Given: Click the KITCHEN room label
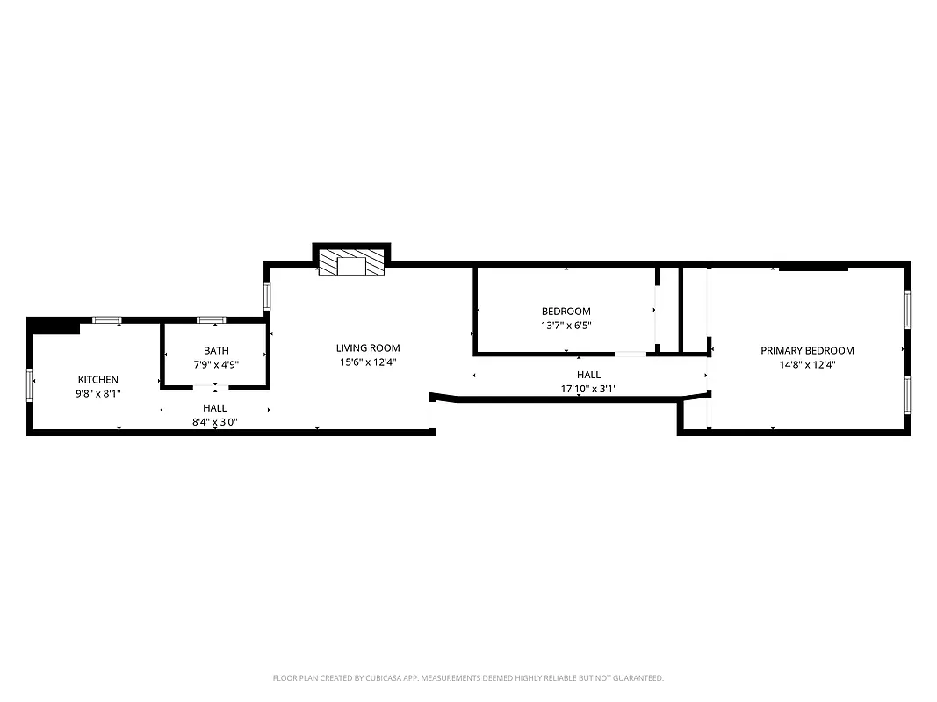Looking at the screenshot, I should pyautogui.click(x=97, y=379).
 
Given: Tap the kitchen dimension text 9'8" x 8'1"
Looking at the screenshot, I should pyautogui.click(x=97, y=394).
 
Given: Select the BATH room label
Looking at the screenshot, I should pyautogui.click(x=216, y=350).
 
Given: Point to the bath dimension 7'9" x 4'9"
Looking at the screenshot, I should pyautogui.click(x=216, y=364).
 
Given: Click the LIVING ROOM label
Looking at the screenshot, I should pyautogui.click(x=368, y=347).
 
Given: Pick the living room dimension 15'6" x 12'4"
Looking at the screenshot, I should pyautogui.click(x=368, y=362).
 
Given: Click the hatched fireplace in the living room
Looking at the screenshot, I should pyautogui.click(x=351, y=263).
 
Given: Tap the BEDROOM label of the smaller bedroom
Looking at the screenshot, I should pyautogui.click(x=566, y=311).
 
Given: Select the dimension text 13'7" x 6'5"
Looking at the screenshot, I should pyautogui.click(x=566, y=326).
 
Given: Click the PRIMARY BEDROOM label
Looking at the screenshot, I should pyautogui.click(x=807, y=350).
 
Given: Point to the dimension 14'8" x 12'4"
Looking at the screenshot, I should pyautogui.click(x=807, y=365).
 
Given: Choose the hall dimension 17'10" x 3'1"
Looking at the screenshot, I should pyautogui.click(x=589, y=389).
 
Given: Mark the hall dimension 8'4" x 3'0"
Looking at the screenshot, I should pyautogui.click(x=215, y=421).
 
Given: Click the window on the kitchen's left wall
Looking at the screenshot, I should pyautogui.click(x=31, y=384).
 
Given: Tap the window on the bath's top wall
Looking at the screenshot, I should pyautogui.click(x=211, y=320).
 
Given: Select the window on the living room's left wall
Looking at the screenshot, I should pyautogui.click(x=267, y=295).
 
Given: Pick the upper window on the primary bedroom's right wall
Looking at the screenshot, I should pyautogui.click(x=907, y=310).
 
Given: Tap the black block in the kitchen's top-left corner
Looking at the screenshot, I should pyautogui.click(x=53, y=326).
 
